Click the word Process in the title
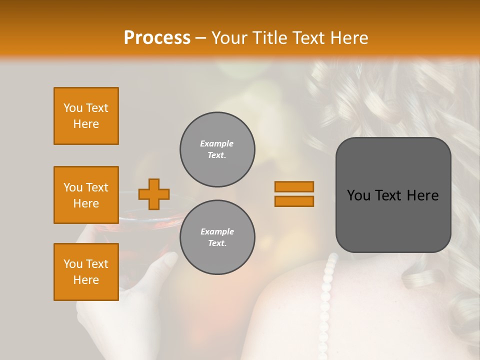coord(157,37)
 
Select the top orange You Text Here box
coord(86,116)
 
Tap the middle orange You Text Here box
coord(86,195)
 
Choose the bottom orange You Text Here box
coord(86,272)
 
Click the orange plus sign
coord(154,194)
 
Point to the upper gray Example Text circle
coord(217,149)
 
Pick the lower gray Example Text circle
coord(217,237)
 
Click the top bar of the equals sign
coord(294,186)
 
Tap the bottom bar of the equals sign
coord(294,201)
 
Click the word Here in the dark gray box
coord(422,195)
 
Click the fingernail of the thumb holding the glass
coord(170,259)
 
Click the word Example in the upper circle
coord(217,143)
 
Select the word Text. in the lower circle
coord(217,243)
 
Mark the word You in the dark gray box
coord(358,195)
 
